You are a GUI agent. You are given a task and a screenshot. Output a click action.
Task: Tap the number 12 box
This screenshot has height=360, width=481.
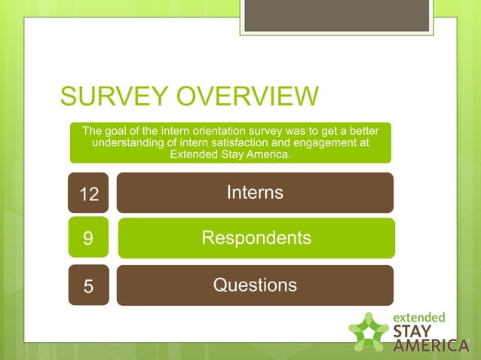[89, 194]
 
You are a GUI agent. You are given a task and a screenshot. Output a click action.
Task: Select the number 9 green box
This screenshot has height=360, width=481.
[88, 239]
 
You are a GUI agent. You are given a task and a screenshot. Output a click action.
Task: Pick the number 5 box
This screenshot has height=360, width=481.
[88, 286]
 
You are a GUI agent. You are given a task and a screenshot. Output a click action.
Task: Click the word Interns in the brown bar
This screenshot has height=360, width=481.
[255, 193]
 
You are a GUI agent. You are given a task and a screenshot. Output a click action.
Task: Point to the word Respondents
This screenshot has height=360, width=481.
[256, 238]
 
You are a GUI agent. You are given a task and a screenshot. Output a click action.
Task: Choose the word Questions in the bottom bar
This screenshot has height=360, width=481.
[255, 285]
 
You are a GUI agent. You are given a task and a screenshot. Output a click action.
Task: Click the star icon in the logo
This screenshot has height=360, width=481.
[369, 331]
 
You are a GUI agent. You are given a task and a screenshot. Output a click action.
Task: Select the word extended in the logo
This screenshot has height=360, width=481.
[420, 317]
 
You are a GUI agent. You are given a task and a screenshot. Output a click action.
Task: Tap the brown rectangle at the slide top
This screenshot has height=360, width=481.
[336, 16]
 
